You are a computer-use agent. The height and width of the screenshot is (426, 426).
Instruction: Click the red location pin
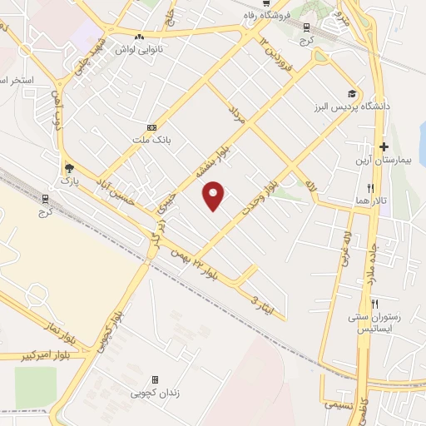tap(215, 196)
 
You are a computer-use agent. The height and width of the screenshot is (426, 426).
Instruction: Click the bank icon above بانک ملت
tap(151, 127)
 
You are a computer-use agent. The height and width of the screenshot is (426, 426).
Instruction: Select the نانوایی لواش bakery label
tap(144, 49)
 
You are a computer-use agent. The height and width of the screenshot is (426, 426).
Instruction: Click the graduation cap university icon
tap(353, 93)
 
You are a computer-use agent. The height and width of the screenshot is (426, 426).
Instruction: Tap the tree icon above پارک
tap(68, 166)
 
